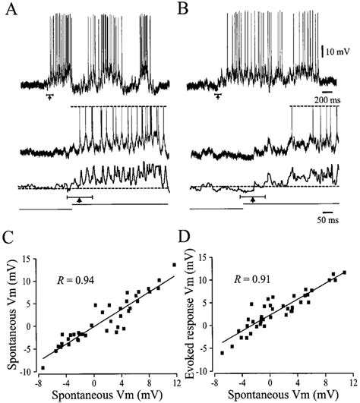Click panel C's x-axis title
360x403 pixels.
(x=103, y=395)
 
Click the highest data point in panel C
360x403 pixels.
(x=174, y=265)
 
